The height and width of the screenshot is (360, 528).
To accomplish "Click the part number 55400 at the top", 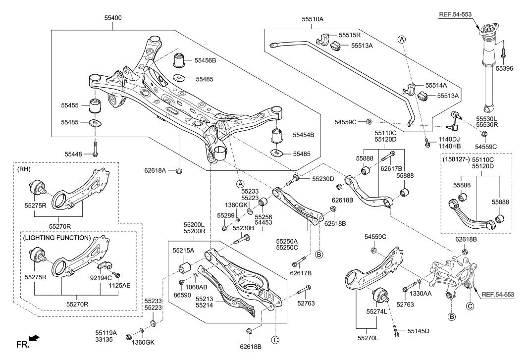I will (x=112, y=18).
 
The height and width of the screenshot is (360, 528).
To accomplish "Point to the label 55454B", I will (x=304, y=134).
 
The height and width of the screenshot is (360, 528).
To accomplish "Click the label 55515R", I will (x=350, y=36).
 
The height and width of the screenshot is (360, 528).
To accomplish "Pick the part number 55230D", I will (x=322, y=178).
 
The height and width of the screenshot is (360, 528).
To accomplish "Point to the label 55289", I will (x=224, y=216).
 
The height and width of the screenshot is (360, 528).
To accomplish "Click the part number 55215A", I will (x=183, y=251).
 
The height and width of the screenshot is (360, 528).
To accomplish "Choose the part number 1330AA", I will (x=434, y=294).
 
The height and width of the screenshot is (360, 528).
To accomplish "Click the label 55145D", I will (x=418, y=330).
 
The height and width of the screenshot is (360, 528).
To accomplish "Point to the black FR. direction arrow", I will (x=34, y=339).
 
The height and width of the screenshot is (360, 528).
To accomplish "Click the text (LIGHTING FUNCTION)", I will (x=57, y=238).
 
